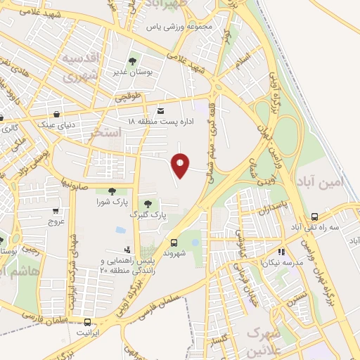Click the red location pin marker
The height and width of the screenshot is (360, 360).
point(181,165)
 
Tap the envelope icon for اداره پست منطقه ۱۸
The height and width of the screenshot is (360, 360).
point(161,111)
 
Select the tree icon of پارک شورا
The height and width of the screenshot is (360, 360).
point(111,191)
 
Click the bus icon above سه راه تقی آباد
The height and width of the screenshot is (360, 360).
point(314,217)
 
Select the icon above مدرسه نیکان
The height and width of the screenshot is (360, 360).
point(281,251)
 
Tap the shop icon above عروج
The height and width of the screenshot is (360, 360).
point(56,210)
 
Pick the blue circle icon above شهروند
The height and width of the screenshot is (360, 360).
point(195,243)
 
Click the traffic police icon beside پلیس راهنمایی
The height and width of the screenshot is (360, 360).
point(127,249)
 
